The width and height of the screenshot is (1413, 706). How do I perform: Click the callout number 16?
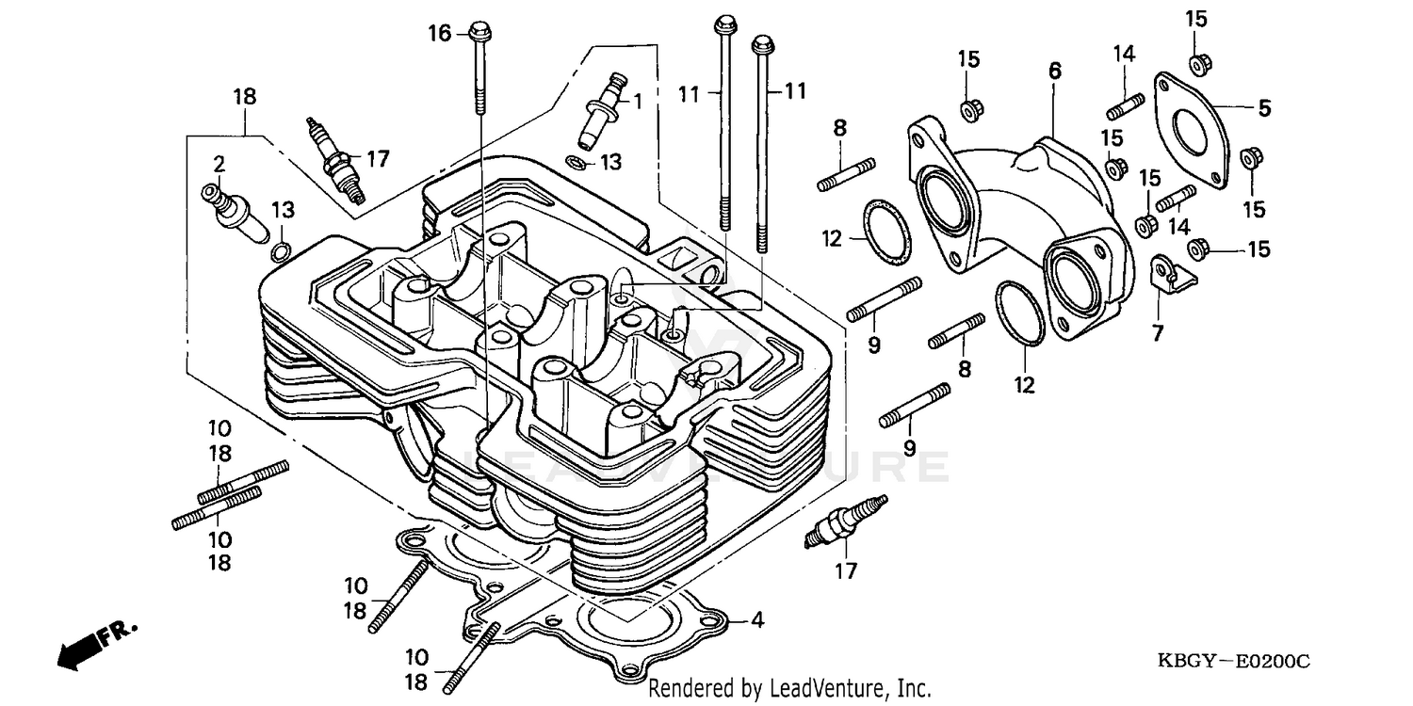point(440,34)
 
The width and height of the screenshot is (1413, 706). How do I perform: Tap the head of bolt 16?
point(479,31)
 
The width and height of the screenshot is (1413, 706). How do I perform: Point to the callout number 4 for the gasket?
point(757,620)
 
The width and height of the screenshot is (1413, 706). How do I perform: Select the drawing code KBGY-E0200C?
point(1233,663)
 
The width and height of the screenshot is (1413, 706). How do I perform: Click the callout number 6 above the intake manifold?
point(1054,71)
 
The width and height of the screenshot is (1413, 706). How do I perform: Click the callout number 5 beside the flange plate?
point(1264,108)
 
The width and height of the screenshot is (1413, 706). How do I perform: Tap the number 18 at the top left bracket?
point(245,97)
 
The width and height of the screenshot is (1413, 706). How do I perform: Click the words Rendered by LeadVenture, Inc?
point(789,688)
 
